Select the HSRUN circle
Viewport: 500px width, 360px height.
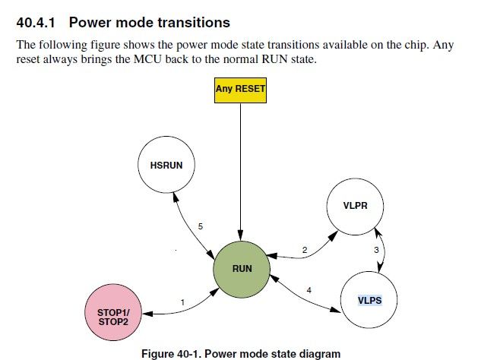click(x=166, y=166)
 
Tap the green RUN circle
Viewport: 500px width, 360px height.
click(x=242, y=268)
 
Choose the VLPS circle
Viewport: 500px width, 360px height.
click(x=369, y=299)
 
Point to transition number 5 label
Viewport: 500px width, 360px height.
click(x=200, y=226)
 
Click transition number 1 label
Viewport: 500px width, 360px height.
click(x=183, y=303)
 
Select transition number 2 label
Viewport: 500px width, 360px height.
click(x=304, y=250)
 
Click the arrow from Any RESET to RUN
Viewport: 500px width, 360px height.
click(x=241, y=175)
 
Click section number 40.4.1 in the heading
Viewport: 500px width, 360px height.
click(x=37, y=23)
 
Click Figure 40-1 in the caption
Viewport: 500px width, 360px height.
click(x=172, y=353)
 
